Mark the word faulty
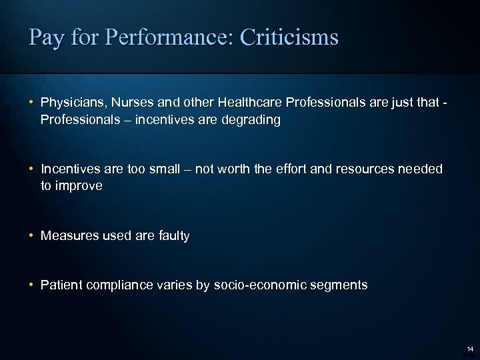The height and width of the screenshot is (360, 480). (x=171, y=235)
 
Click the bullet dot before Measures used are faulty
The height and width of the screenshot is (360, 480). (x=32, y=235)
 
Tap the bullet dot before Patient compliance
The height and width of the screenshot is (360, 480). (x=32, y=285)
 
